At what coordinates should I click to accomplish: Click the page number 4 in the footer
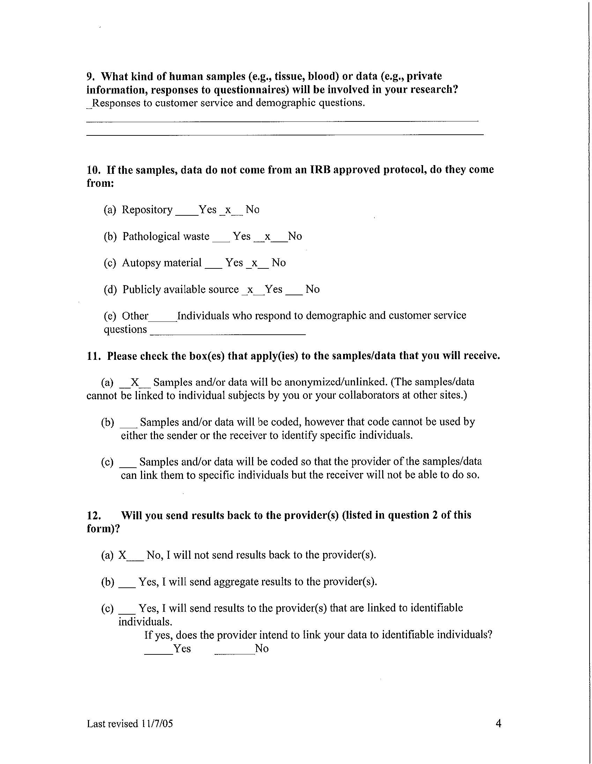[498, 723]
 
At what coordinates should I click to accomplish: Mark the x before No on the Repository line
[228, 210]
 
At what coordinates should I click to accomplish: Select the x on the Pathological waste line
[268, 237]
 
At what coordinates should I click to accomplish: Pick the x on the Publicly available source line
[250, 290]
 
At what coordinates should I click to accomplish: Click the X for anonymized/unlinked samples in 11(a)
[135, 382]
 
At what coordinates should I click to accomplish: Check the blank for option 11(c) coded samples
[128, 463]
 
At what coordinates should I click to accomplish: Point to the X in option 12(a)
[122, 555]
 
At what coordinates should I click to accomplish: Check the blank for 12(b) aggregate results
[127, 583]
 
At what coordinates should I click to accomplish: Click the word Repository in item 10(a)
[147, 210]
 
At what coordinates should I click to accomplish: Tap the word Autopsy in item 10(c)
[138, 263]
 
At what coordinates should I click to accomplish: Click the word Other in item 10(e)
[135, 316]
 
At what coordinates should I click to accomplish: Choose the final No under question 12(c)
[262, 648]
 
